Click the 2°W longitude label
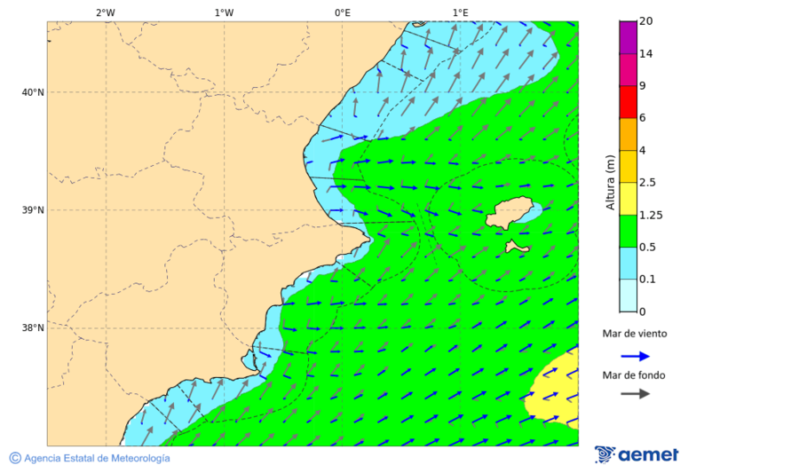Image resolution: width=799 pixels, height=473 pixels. click(105, 12)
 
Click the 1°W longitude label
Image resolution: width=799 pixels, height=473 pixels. click(224, 12)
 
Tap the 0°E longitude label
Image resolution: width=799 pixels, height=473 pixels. click(342, 12)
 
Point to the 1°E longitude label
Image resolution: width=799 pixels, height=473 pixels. click(460, 12)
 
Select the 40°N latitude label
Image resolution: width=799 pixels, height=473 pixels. click(33, 92)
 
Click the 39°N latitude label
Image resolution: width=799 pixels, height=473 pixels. click(33, 210)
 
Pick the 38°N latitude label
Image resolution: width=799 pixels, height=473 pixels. click(33, 328)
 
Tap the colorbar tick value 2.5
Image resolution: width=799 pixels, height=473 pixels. click(646, 183)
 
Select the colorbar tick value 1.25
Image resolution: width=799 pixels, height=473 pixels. click(649, 215)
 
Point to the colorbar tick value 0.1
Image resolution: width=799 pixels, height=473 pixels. click(645, 280)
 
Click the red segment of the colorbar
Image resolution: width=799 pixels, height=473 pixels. click(628, 102)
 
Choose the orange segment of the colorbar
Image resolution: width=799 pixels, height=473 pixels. click(628, 134)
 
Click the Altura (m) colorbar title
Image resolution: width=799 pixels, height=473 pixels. click(610, 182)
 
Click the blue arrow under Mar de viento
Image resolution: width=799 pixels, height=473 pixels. click(635, 356)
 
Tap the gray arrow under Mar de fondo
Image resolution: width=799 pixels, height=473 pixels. click(635, 394)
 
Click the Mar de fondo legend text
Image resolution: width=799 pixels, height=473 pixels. click(633, 375)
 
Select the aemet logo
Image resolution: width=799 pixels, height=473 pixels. click(637, 454)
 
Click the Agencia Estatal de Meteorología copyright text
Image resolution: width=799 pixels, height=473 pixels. click(90, 458)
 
